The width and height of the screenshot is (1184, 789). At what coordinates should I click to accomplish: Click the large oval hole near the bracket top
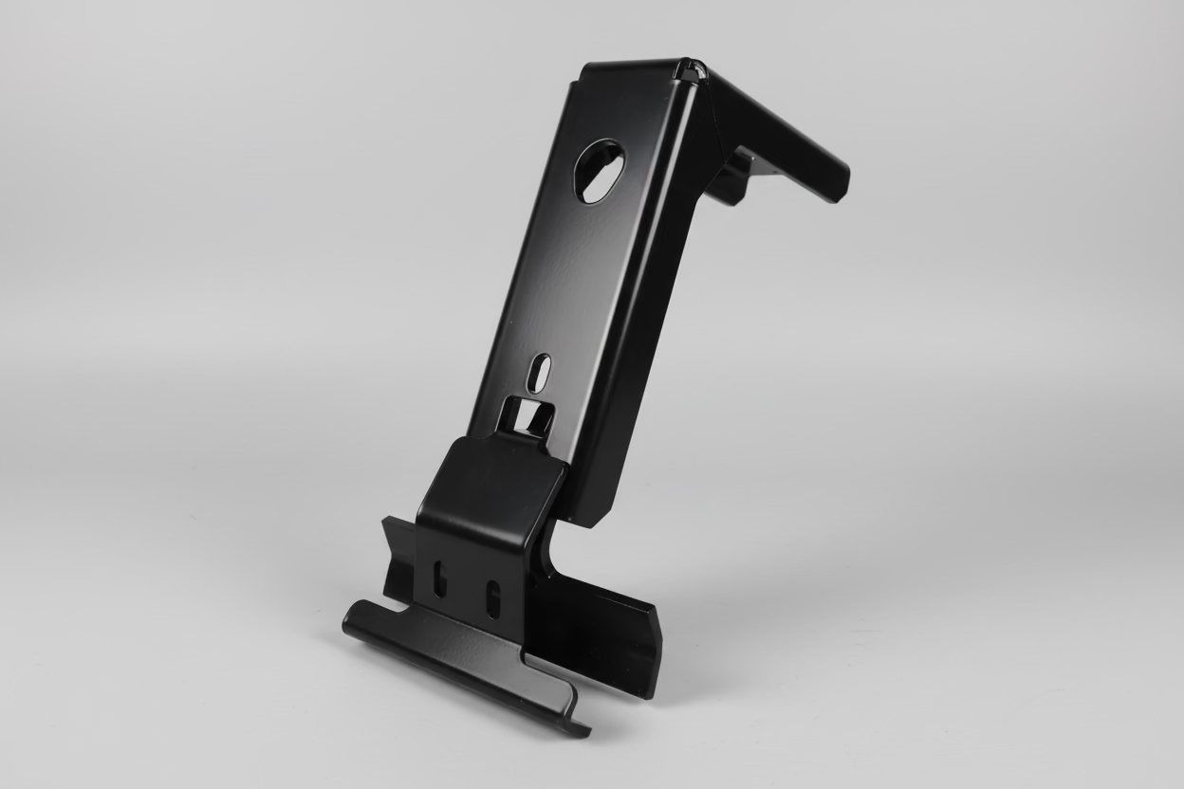600,171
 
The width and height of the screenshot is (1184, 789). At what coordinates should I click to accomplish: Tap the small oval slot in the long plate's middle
539,372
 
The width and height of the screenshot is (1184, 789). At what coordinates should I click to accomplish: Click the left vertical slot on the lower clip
439,578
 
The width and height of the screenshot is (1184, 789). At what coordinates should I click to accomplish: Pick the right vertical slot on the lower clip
491,598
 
